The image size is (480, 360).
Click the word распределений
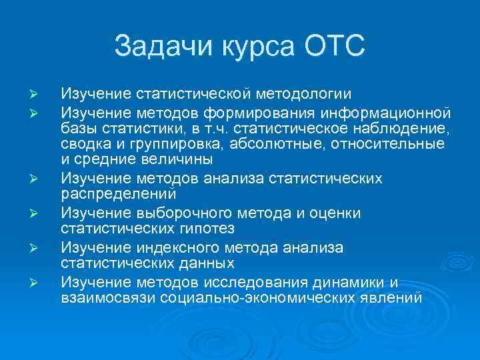click(118, 195)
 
